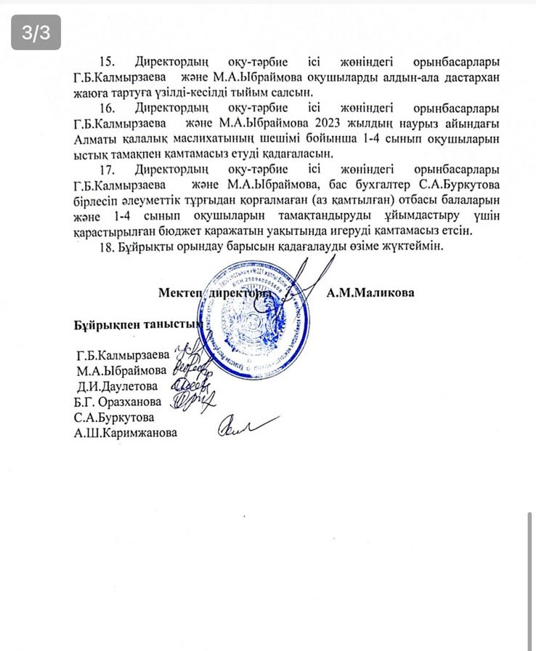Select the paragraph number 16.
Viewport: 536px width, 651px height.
click(x=108, y=108)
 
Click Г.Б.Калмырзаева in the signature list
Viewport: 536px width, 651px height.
click(x=121, y=356)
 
